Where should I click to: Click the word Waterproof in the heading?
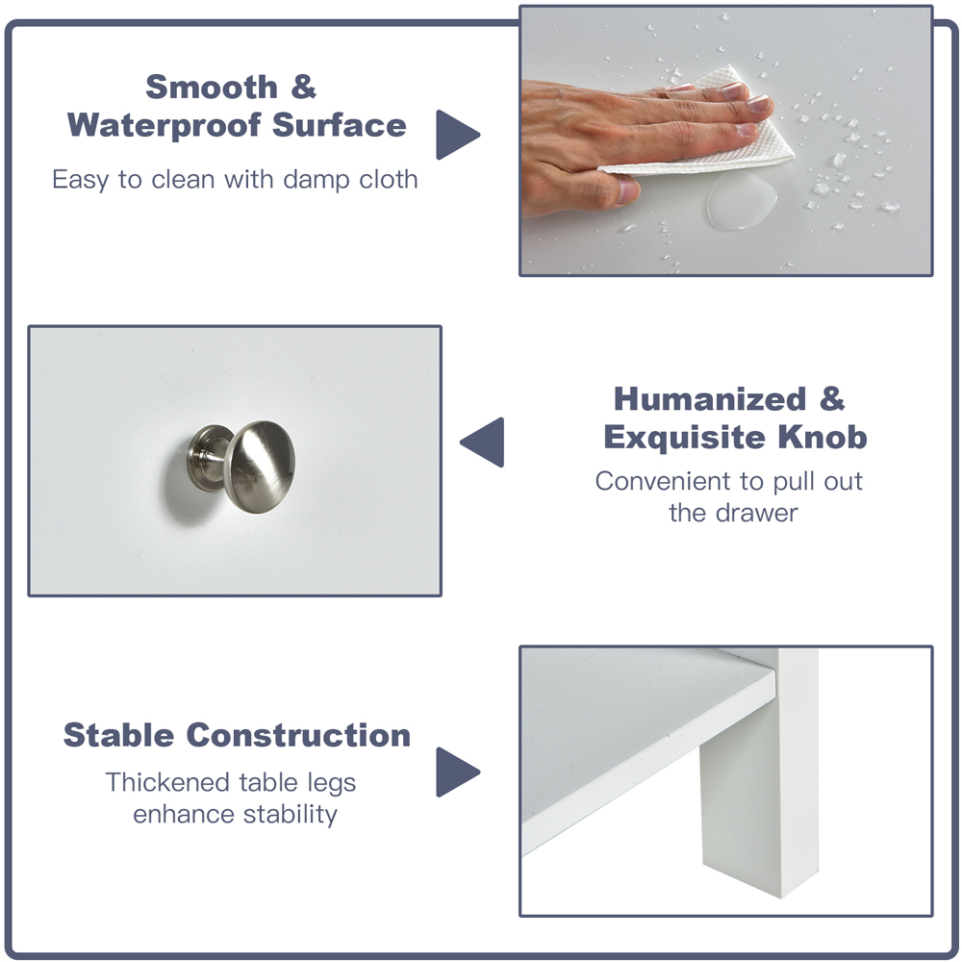click(x=165, y=125)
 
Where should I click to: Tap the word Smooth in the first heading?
click(x=212, y=88)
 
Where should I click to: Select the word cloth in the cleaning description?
click(x=389, y=179)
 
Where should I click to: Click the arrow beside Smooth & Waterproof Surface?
click(x=457, y=135)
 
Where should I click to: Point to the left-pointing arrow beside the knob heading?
click(x=484, y=443)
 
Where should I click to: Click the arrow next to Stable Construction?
click(x=457, y=772)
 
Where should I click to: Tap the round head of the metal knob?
click(x=260, y=467)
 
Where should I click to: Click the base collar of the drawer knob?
click(x=209, y=458)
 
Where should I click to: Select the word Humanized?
click(x=710, y=399)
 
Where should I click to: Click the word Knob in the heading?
click(x=823, y=438)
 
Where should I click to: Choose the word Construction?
click(x=298, y=735)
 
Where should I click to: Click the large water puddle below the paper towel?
click(x=741, y=200)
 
